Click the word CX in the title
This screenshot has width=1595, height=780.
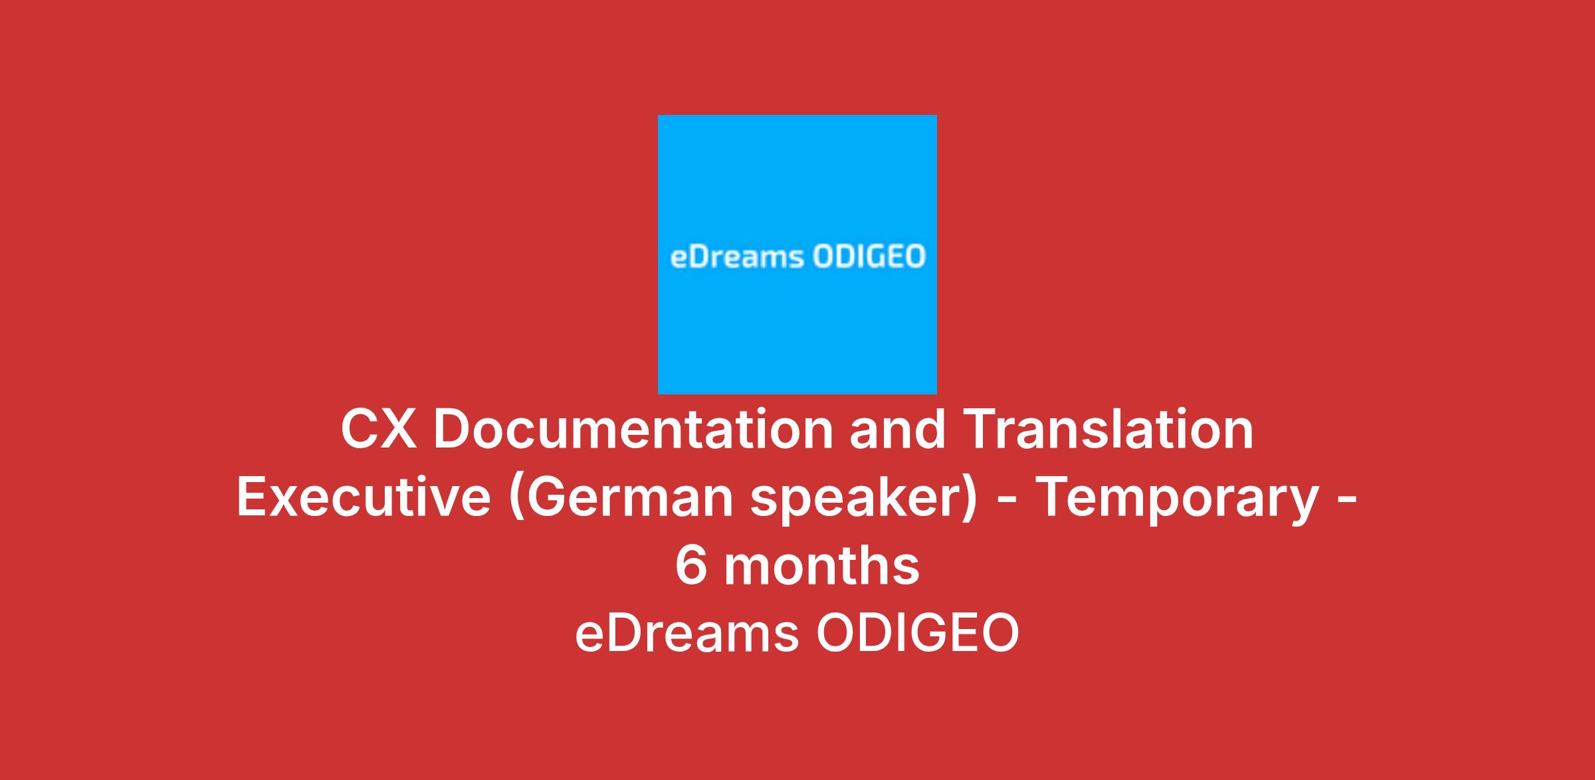click(379, 430)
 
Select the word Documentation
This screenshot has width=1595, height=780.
click(633, 430)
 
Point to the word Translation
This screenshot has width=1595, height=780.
click(1108, 430)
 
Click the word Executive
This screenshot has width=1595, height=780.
click(364, 498)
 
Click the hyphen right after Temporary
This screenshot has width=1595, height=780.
click(1347, 503)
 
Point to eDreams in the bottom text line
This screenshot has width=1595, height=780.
click(687, 634)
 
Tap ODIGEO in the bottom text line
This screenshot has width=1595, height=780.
click(917, 634)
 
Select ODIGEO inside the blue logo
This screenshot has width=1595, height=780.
click(869, 257)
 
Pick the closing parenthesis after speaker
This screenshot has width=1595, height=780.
click(972, 502)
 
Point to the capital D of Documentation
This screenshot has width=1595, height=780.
click(453, 430)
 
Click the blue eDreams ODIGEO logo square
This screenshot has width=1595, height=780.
click(797, 255)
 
